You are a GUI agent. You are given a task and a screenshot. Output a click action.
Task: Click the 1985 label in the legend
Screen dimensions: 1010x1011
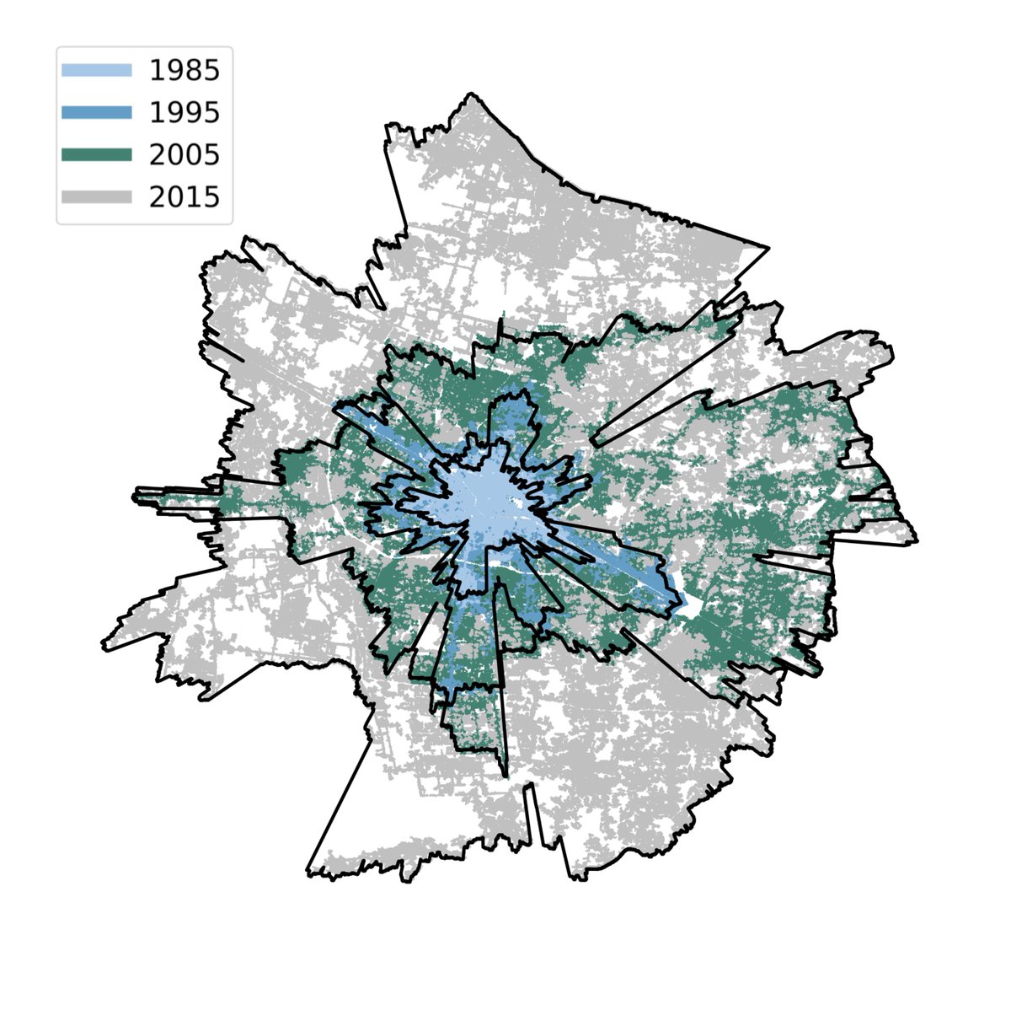pos(184,71)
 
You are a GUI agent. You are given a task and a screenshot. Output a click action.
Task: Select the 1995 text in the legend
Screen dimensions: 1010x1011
pos(184,112)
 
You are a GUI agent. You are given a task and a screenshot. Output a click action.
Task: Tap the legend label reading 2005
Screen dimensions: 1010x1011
pos(184,154)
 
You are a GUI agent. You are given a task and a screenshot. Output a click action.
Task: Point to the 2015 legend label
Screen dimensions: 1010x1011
pos(184,196)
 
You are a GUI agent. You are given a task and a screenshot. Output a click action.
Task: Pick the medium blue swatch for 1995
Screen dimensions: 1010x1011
pos(97,112)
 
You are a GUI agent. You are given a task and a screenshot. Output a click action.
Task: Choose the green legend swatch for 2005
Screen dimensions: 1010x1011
pos(97,154)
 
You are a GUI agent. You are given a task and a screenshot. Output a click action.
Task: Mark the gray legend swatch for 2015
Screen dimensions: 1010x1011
pos(97,196)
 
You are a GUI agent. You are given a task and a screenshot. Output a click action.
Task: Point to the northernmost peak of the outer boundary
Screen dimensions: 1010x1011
pos(469,93)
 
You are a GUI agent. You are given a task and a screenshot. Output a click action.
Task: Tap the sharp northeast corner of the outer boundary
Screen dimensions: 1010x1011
pos(768,248)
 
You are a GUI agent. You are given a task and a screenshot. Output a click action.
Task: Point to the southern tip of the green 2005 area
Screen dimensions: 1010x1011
pos(505,774)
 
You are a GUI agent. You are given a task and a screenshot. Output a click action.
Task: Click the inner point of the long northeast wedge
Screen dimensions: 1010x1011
pos(595,440)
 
